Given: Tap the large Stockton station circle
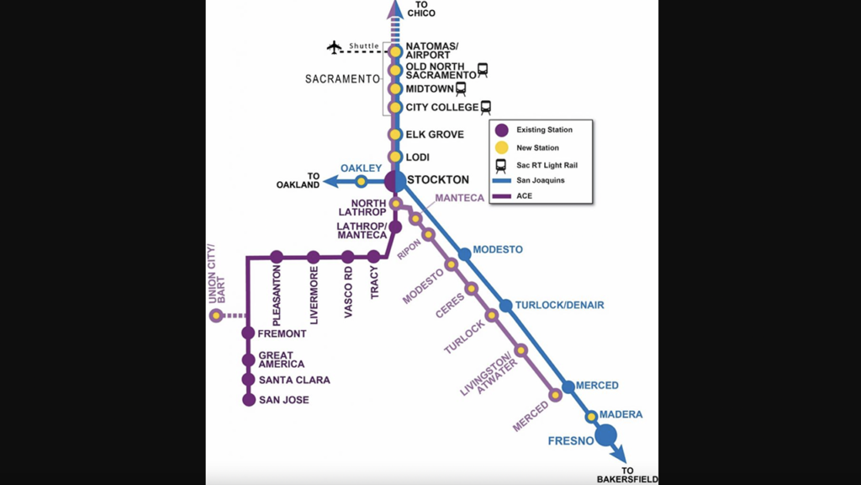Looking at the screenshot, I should (395, 181).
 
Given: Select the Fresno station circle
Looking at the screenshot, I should (605, 435).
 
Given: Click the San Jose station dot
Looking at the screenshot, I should (248, 400).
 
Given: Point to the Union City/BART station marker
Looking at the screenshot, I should (216, 316).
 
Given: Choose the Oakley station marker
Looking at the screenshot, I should (361, 181).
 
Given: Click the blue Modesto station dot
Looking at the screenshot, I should (464, 253).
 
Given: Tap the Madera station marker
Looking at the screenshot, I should (591, 416).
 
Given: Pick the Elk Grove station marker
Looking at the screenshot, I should (395, 135).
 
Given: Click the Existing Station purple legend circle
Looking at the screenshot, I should (501, 130).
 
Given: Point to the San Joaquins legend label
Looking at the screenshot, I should (541, 180).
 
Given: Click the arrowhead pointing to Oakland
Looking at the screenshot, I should (331, 181).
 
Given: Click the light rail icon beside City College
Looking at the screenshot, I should (485, 108).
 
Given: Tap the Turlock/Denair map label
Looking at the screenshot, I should (559, 305).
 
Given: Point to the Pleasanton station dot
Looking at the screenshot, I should (276, 257).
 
